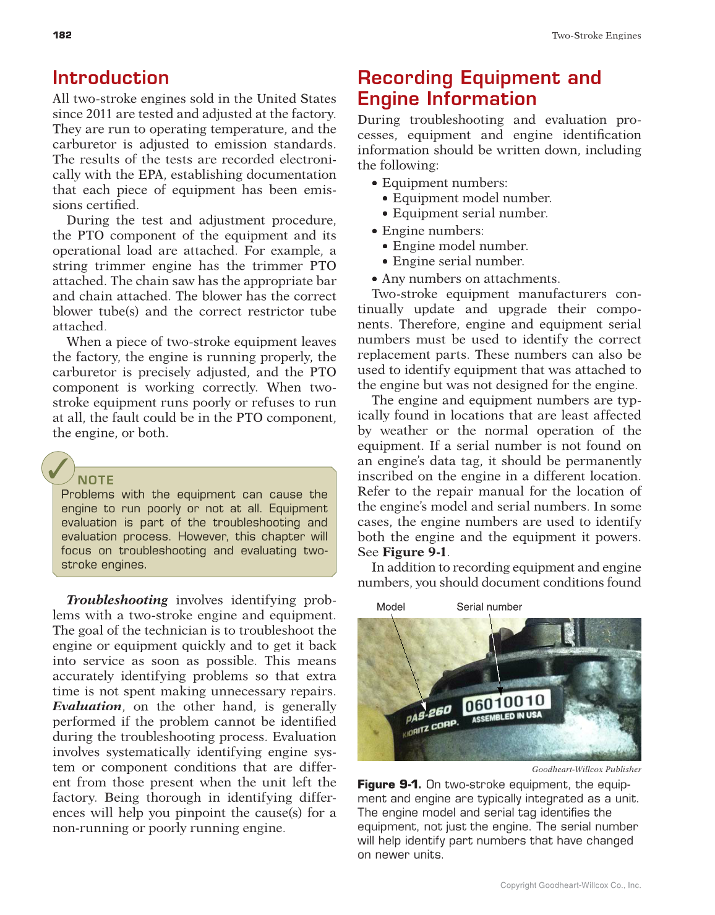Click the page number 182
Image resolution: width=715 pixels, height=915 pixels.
(62, 35)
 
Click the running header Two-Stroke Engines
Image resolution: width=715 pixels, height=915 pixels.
(596, 36)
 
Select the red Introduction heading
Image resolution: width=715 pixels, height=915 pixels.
(111, 78)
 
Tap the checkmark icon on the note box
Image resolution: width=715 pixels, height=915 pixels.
(58, 468)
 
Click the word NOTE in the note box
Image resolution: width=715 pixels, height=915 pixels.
(96, 480)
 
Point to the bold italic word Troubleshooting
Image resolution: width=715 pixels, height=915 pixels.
(117, 600)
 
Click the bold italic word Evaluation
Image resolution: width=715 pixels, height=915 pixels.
(87, 707)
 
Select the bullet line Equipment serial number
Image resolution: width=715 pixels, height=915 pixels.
(470, 213)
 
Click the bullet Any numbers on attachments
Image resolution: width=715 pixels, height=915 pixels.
(471, 279)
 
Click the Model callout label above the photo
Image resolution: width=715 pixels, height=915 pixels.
(391, 607)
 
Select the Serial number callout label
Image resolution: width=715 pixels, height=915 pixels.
(489, 607)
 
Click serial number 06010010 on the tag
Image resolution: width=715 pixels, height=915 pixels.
(505, 703)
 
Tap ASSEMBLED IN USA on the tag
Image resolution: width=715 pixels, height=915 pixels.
(507, 717)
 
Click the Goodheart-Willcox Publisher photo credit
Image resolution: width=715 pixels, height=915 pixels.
(586, 770)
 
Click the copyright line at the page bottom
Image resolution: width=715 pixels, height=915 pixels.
(570, 885)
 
